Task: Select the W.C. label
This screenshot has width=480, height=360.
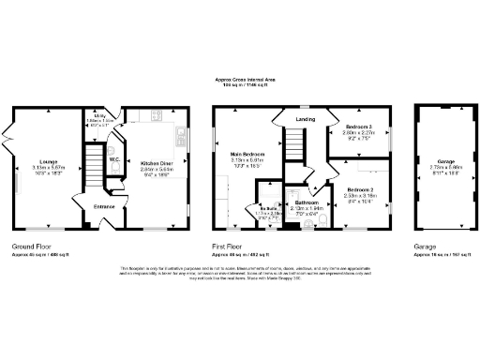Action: [113, 159]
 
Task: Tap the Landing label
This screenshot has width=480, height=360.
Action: [306, 119]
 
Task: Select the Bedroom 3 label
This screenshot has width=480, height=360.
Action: [358, 127]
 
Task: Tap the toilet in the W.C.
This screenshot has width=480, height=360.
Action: [112, 147]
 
